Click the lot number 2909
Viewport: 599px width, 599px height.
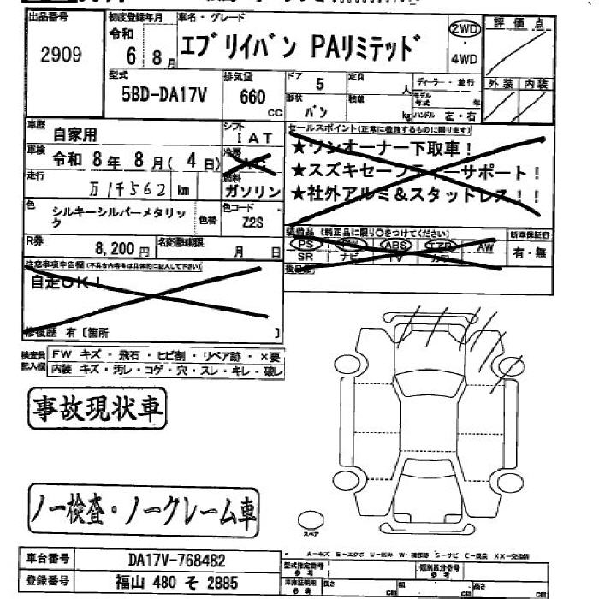[61, 56]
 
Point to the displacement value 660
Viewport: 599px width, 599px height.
[253, 97]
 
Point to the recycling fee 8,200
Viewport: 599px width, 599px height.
[116, 248]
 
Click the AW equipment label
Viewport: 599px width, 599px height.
[485, 246]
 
